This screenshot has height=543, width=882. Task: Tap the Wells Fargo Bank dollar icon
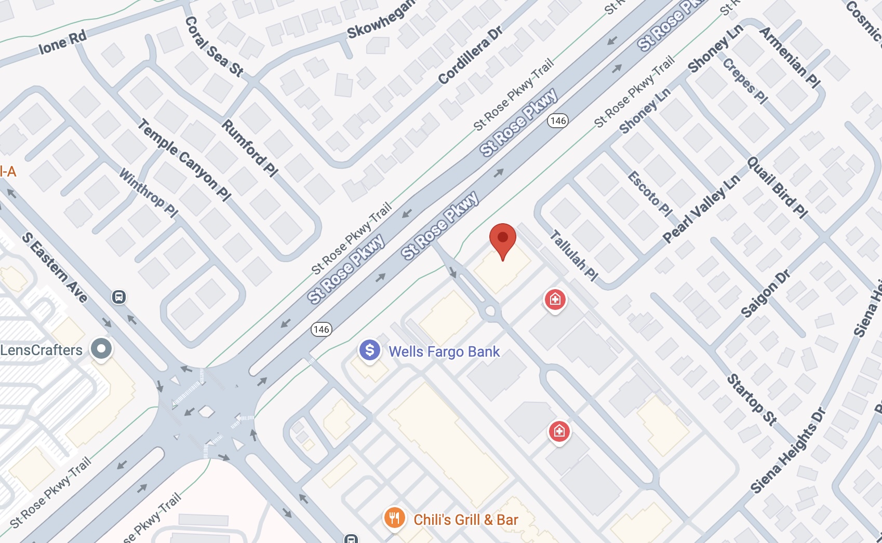pos(370,350)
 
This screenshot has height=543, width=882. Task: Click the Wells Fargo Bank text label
pos(444,351)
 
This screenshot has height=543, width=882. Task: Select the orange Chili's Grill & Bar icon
pos(394,518)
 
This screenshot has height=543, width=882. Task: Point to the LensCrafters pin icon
pos(101,348)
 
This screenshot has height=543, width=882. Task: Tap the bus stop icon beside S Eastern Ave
pos(119,297)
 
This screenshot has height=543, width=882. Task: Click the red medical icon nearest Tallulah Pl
pos(555,300)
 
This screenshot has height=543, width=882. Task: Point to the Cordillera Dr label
pos(470,55)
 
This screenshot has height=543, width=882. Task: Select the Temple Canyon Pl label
pos(184,159)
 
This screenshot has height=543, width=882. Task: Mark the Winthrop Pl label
pos(149,192)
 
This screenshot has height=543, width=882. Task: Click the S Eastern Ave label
pos(55,267)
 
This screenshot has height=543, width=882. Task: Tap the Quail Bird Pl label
pos(777,187)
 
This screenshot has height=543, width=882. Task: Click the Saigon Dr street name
pos(765,293)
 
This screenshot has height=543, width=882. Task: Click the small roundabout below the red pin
pos(490,311)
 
